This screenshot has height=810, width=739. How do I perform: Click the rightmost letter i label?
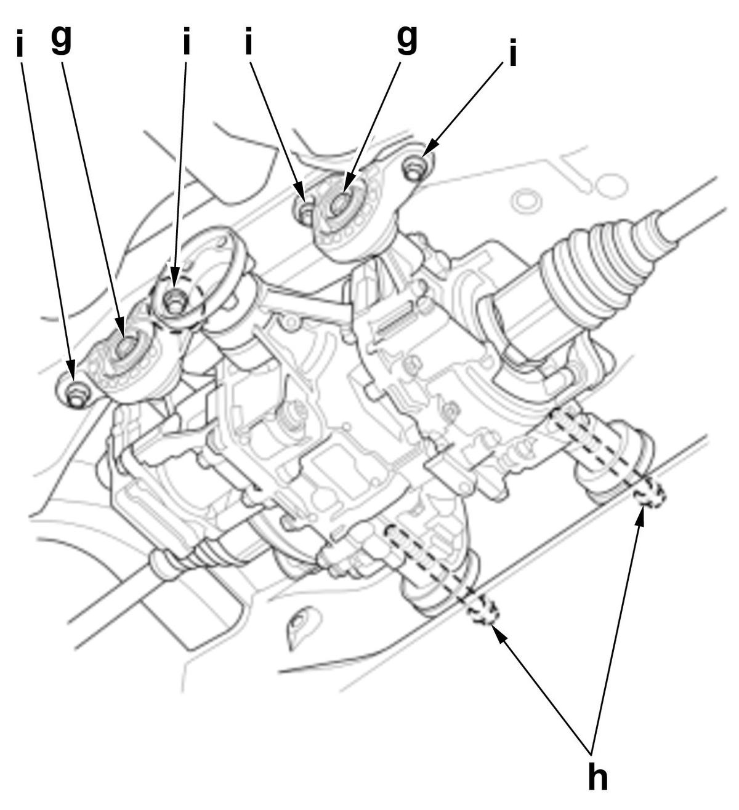click(512, 53)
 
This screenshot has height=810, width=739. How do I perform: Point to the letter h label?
click(597, 777)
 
